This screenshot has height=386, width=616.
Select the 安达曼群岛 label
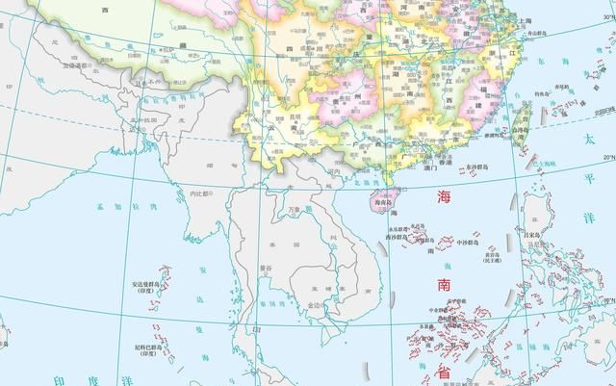coord(146,285)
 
